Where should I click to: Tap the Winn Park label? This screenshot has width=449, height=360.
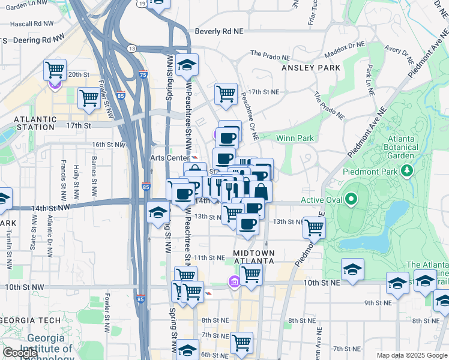point(295,139)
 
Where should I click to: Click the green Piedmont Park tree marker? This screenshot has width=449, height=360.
point(408,172)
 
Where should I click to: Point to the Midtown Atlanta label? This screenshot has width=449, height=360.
point(253,257)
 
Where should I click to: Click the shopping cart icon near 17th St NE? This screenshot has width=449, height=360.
point(226,94)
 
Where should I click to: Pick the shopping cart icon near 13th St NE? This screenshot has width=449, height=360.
point(314,227)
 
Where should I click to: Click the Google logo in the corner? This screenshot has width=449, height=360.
point(20,353)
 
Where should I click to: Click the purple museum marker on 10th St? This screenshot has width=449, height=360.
point(234,281)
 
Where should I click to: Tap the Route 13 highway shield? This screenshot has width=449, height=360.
point(131,48)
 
